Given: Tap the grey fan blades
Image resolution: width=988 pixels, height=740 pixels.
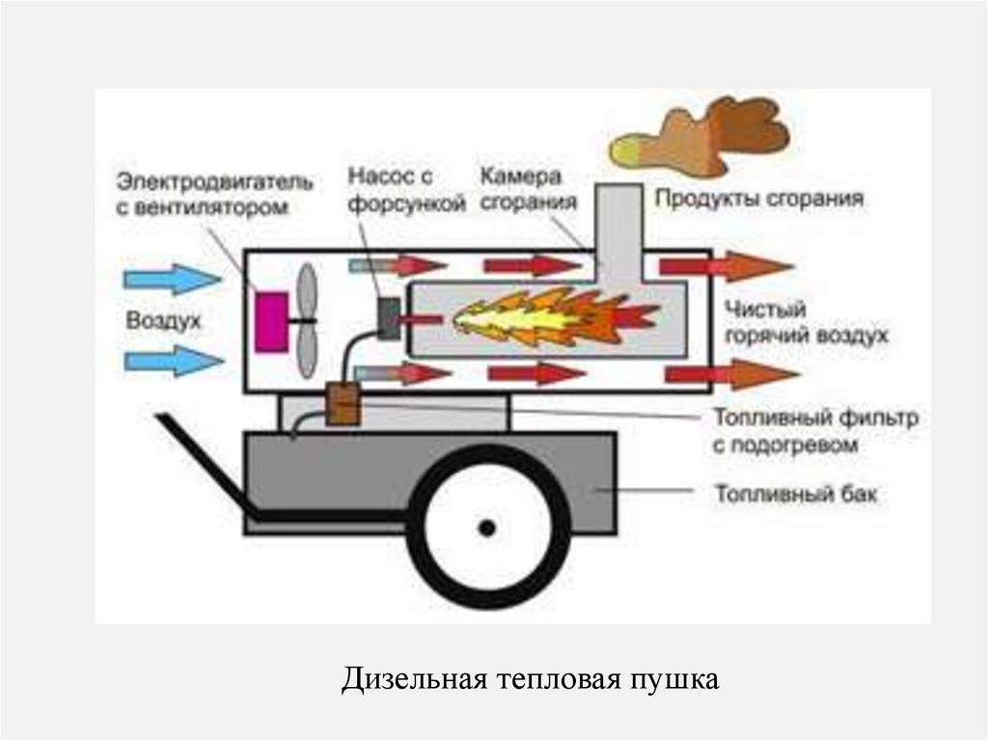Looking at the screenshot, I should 306,321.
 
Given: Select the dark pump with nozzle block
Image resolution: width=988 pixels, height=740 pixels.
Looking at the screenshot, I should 389,318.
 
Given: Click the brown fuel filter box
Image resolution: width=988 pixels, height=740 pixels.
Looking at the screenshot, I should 343,404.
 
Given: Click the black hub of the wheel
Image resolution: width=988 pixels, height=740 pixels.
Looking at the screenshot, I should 487,527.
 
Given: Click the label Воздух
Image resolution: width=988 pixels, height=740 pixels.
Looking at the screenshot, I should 163,320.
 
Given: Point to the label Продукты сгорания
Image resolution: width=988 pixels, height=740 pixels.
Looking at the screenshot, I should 759,200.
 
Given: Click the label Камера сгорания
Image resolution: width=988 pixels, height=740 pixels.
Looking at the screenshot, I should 522,189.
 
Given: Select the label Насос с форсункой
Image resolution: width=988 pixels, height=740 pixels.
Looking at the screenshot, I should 392,190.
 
